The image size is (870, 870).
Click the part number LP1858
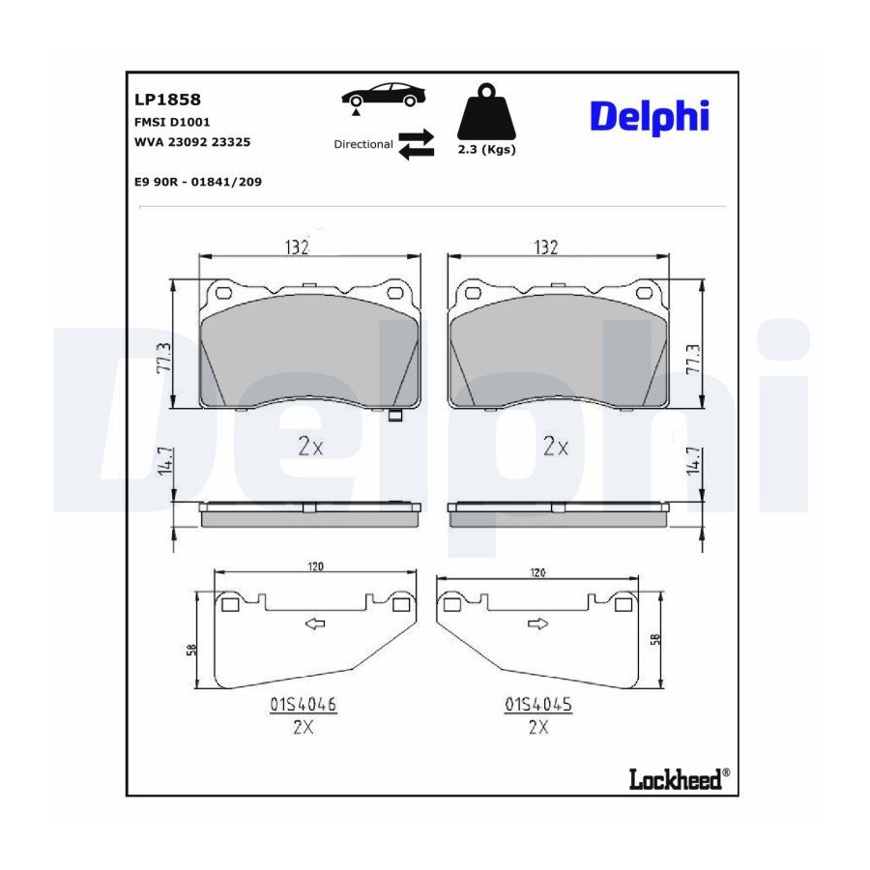point(167,100)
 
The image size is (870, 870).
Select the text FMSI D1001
point(172,122)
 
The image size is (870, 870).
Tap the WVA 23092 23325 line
point(192,142)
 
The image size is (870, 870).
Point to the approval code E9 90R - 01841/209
point(198,182)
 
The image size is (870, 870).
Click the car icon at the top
point(384,96)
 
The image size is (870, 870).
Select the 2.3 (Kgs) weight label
point(486,149)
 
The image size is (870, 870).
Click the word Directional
point(363,144)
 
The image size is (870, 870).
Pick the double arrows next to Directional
point(416,144)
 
